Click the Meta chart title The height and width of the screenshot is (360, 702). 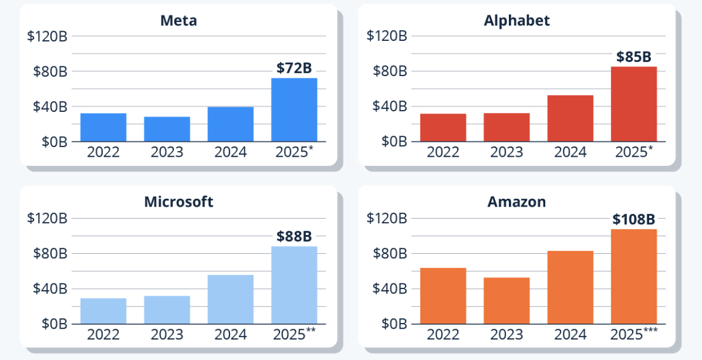click(178, 21)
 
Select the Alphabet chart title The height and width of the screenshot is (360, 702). click(517, 21)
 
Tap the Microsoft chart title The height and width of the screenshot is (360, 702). click(178, 202)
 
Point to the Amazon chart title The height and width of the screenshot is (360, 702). click(517, 202)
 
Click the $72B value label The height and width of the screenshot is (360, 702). click(294, 68)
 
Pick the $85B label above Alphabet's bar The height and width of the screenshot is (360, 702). click(634, 57)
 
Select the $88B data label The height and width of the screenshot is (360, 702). click(294, 236)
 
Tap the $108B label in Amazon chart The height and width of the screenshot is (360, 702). click(634, 219)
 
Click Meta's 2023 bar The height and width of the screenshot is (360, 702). click(167, 129)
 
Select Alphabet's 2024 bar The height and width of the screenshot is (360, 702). click(570, 118)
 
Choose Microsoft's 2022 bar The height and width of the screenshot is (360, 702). click(103, 311)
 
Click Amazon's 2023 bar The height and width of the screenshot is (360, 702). click(507, 300)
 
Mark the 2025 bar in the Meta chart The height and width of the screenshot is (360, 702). click(294, 110)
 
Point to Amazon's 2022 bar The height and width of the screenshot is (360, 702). click(443, 296)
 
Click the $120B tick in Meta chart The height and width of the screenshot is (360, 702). click(47, 36)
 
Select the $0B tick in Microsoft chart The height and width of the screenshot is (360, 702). click(55, 324)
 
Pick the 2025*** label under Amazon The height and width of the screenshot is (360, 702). click(634, 334)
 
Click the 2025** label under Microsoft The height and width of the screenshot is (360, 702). click(294, 334)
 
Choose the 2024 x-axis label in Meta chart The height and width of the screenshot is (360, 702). click(231, 152)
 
